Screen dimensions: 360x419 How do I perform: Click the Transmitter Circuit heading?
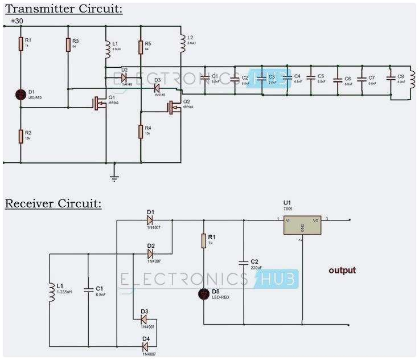click(63, 9)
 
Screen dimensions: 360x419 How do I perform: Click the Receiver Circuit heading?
click(53, 204)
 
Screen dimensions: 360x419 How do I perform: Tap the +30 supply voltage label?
click(17, 21)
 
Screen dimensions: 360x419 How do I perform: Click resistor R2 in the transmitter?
click(20, 136)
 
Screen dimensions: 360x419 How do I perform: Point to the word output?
click(342, 270)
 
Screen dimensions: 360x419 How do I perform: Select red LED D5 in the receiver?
click(203, 294)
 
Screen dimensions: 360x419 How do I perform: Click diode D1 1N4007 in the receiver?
click(150, 219)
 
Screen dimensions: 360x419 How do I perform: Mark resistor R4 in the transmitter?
click(140, 132)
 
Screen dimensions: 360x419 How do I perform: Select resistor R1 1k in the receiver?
click(203, 241)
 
